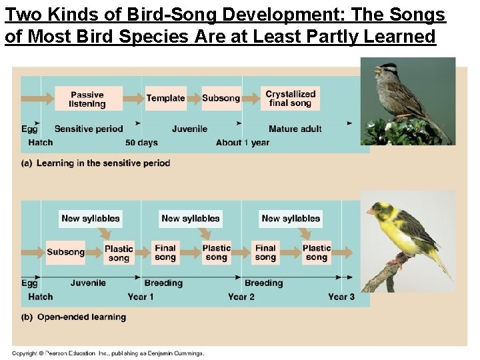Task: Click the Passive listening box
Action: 88,99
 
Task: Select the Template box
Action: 165,98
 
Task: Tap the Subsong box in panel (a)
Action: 221,98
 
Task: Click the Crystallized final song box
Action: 290,99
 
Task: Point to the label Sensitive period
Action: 89,129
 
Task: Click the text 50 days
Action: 141,143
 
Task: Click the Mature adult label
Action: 295,129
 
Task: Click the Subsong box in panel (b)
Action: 65,252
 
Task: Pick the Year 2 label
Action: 241,297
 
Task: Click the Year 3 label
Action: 341,297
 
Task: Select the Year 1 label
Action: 141,297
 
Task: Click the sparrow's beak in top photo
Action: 377,69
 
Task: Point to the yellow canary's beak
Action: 370,211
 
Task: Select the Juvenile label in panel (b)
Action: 88,283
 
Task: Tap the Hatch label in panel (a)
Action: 41,143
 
